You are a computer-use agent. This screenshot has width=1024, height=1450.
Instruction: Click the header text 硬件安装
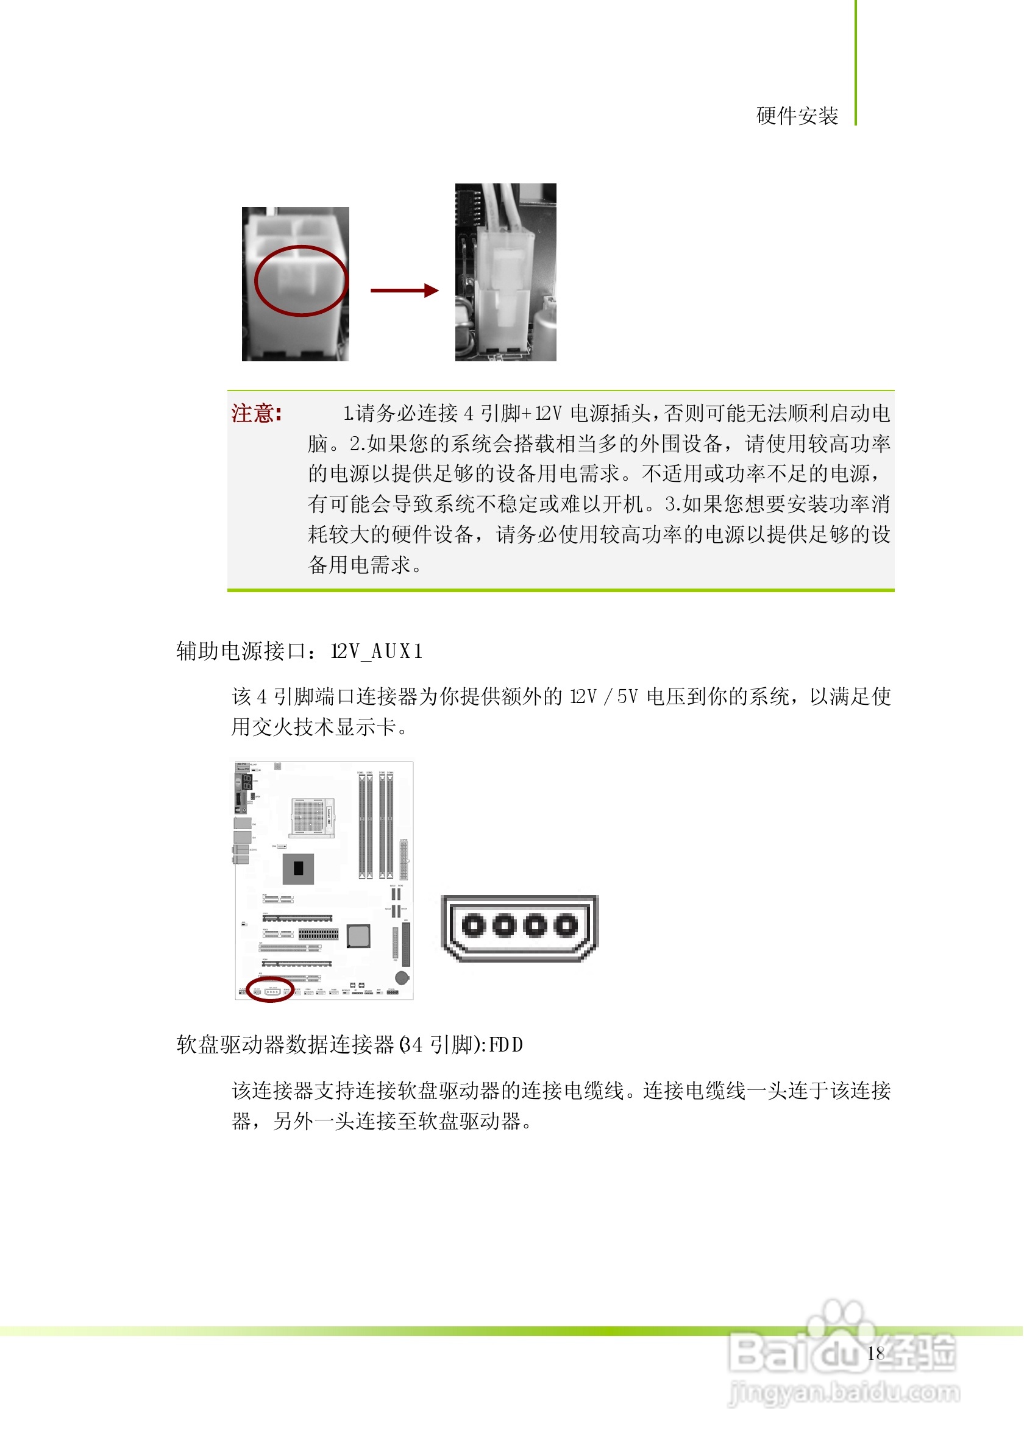click(x=798, y=116)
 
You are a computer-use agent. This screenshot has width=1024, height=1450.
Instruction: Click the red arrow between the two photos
click(x=404, y=291)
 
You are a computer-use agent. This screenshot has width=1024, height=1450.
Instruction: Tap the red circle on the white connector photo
click(x=300, y=281)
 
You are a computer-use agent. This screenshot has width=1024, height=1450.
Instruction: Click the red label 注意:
click(x=257, y=414)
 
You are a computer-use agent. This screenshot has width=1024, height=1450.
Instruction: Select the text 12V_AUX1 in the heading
click(x=377, y=652)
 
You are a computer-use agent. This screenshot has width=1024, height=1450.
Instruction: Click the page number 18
click(x=875, y=1353)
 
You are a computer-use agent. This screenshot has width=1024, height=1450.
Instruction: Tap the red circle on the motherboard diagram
click(x=271, y=990)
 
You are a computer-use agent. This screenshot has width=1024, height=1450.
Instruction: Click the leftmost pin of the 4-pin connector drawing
click(x=473, y=927)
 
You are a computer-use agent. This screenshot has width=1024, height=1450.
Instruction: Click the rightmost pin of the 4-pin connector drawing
click(x=566, y=927)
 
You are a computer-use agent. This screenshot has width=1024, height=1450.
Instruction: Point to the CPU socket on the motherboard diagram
click(x=313, y=816)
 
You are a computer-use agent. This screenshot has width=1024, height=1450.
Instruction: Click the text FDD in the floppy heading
click(x=506, y=1046)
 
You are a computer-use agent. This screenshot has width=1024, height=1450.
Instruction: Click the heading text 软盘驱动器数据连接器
click(x=285, y=1046)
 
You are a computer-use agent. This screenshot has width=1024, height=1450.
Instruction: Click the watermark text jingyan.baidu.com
click(x=844, y=1393)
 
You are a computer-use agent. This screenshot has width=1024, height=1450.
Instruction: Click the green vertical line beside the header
click(x=856, y=63)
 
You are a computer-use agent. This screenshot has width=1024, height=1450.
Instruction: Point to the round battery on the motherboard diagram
click(x=402, y=978)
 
